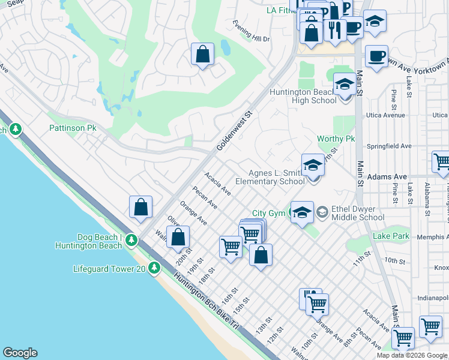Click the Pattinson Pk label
(x=73, y=128)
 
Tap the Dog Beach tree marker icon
(x=131, y=241)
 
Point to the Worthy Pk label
(x=336, y=139)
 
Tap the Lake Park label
(x=391, y=236)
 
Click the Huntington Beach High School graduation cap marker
(x=345, y=85)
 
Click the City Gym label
(x=267, y=213)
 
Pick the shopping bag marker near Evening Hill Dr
(x=203, y=54)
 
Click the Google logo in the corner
(x=20, y=353)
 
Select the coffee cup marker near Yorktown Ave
(x=376, y=56)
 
